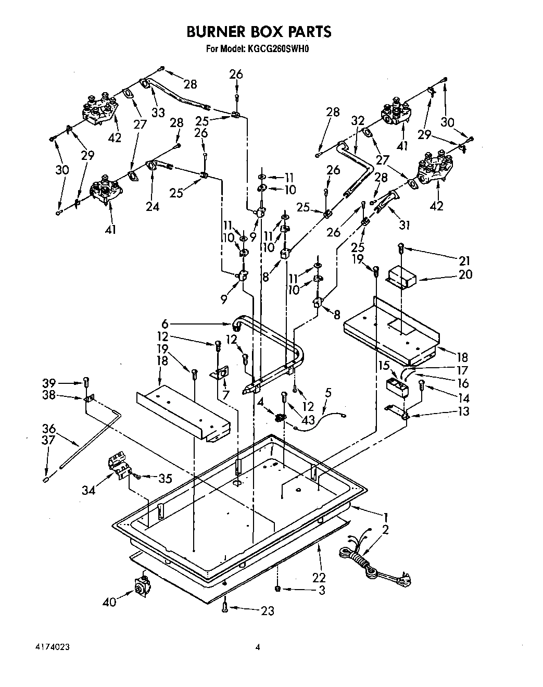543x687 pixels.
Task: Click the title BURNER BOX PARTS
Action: click(x=258, y=32)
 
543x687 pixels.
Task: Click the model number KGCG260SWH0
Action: click(x=279, y=49)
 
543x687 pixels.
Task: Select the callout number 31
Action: click(x=405, y=224)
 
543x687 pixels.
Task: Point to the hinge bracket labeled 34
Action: click(x=119, y=465)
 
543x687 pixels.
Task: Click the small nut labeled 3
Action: click(x=278, y=588)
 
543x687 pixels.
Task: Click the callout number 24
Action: click(x=152, y=206)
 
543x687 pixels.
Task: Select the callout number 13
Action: click(x=463, y=411)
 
